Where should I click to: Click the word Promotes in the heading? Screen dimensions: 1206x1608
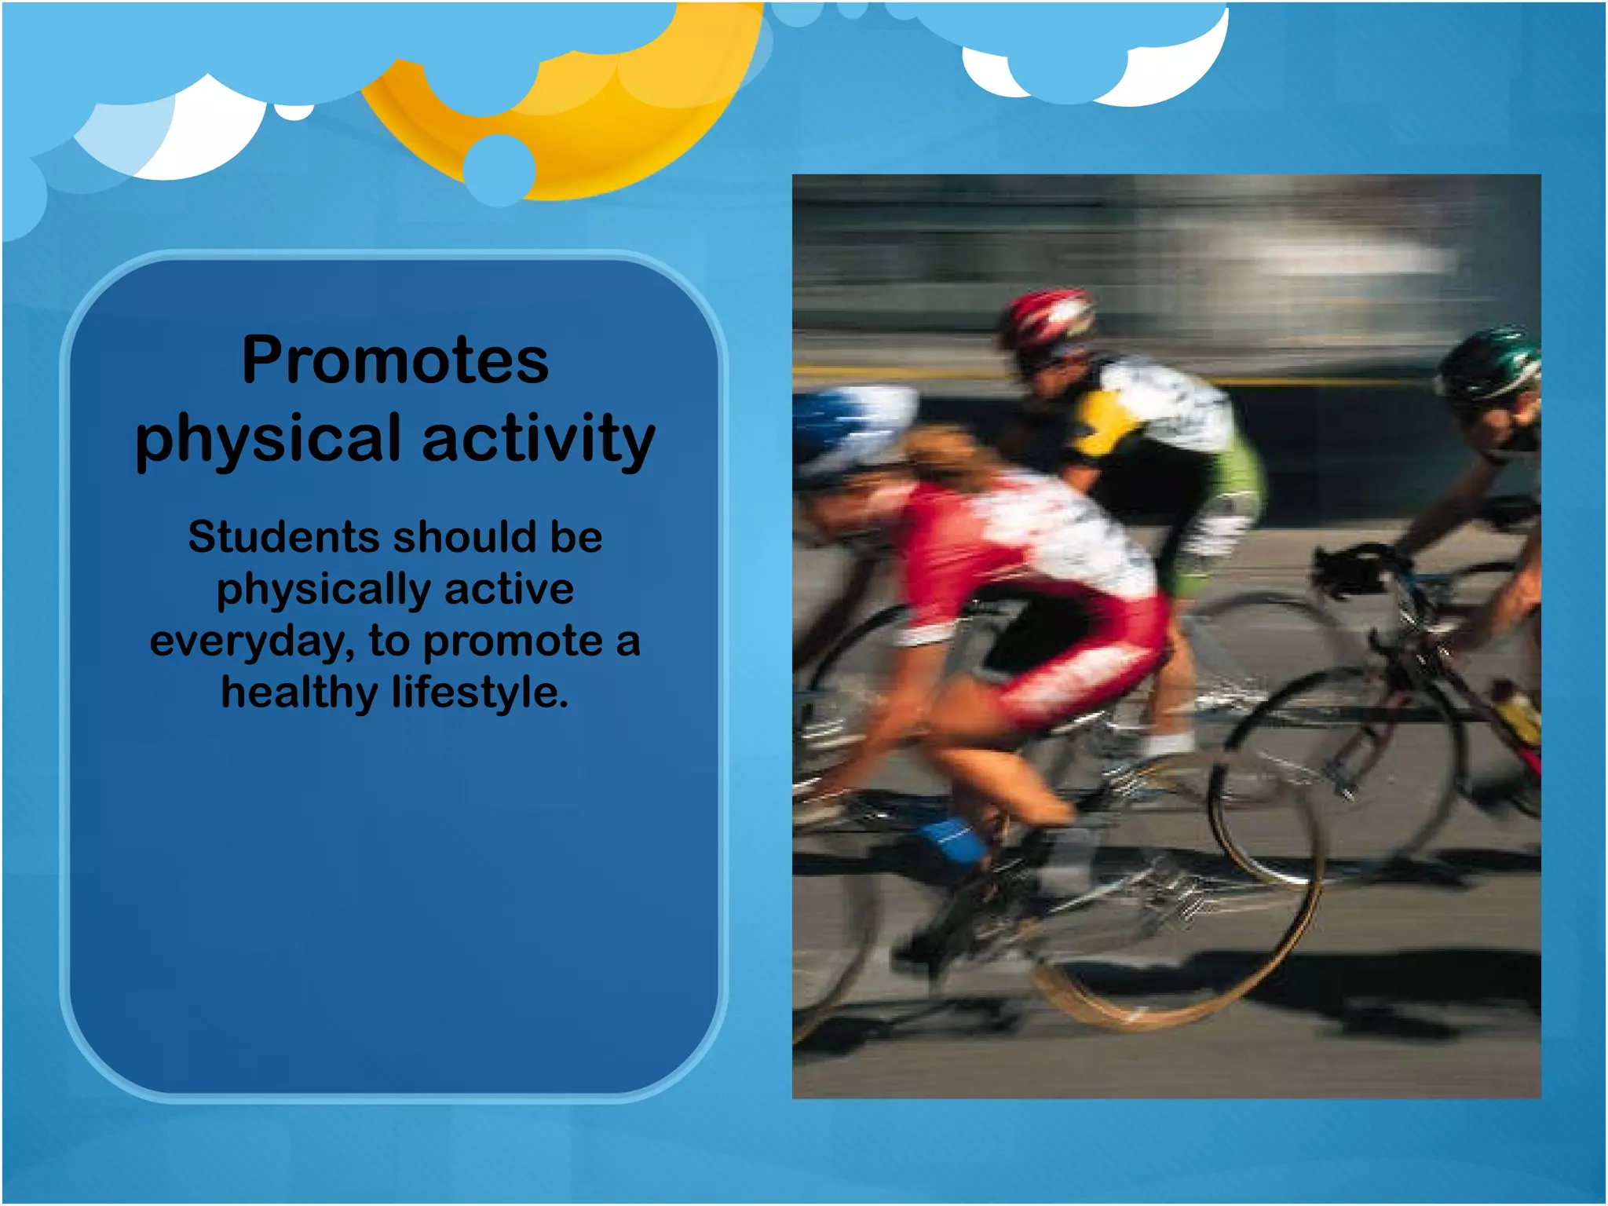395,360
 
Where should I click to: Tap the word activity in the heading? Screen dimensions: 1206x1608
539,440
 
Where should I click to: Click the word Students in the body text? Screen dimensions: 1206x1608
283,538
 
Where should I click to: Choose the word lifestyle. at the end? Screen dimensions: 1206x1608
479,693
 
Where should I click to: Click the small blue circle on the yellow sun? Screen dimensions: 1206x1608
499,169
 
